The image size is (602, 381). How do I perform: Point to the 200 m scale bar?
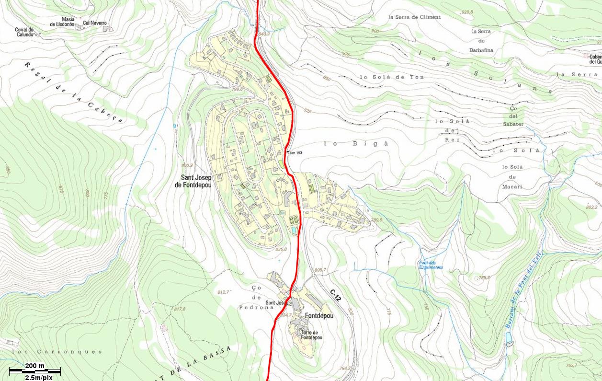point(35,370)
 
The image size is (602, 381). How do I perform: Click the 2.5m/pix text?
point(38,378)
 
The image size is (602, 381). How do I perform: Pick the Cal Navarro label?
point(94,23)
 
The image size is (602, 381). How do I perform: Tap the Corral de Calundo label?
point(24,32)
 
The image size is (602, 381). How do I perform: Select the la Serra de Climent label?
point(414,17)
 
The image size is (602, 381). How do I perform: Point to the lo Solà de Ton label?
point(392,77)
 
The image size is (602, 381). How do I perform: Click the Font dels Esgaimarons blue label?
point(431,265)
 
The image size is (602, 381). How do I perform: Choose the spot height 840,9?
point(264,34)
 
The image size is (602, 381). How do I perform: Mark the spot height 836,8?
point(281,249)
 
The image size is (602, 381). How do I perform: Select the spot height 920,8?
point(466,12)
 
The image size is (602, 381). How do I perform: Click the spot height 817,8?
point(180,309)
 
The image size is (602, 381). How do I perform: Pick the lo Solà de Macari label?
point(511,176)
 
